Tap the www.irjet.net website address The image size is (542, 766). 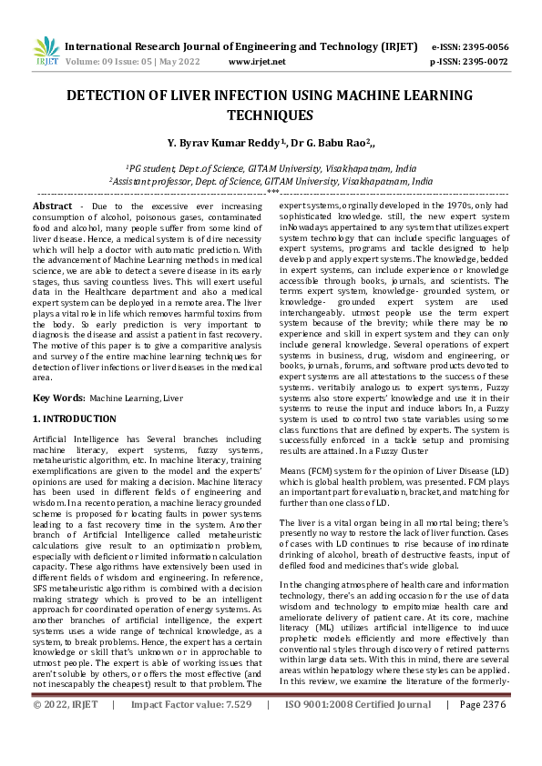click(256, 62)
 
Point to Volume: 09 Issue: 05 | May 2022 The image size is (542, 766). click(132, 62)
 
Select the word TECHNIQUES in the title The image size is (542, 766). click(271, 116)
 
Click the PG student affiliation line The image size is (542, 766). click(271, 168)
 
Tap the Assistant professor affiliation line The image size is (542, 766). click(271, 181)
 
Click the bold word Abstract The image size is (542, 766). click(52, 207)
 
